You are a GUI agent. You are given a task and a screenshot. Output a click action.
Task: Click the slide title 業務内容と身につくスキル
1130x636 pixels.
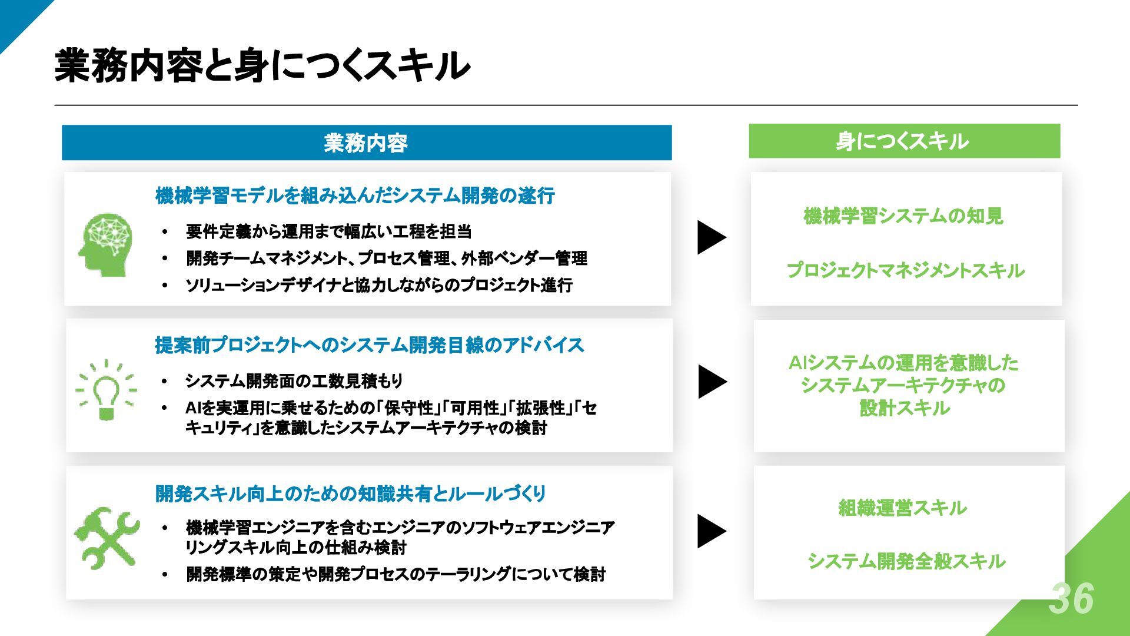click(262, 65)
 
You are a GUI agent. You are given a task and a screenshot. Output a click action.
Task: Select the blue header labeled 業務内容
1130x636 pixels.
click(366, 143)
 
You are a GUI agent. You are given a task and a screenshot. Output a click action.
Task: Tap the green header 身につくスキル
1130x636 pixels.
click(903, 141)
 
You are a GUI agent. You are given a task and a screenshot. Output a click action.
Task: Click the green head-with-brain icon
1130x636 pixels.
click(106, 244)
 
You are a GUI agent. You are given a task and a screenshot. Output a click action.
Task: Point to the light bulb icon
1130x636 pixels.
click(107, 390)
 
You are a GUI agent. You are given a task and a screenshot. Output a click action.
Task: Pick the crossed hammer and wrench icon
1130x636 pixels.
click(107, 537)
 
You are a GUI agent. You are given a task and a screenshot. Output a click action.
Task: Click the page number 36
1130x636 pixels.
click(1071, 598)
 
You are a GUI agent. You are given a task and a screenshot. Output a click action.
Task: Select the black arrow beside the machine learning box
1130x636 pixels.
click(711, 237)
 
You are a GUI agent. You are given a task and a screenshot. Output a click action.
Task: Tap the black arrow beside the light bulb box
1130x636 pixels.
click(712, 382)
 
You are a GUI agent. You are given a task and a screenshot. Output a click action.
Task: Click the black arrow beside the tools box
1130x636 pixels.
click(711, 531)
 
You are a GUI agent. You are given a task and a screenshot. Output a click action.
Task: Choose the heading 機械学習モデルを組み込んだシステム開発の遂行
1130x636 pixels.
click(355, 196)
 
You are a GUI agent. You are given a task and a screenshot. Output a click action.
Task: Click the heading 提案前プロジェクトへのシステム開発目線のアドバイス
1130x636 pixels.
click(369, 345)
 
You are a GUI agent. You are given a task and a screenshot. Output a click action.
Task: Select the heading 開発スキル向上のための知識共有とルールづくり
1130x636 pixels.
click(350, 493)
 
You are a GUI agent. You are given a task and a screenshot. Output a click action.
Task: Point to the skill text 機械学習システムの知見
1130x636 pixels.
click(903, 216)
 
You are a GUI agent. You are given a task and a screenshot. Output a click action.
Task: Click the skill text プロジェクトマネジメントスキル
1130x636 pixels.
click(905, 270)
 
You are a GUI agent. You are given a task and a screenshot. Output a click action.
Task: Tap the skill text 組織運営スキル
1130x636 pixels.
click(902, 508)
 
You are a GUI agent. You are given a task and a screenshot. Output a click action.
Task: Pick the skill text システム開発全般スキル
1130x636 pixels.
click(906, 561)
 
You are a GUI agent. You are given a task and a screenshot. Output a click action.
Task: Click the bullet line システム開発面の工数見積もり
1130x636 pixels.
click(294, 381)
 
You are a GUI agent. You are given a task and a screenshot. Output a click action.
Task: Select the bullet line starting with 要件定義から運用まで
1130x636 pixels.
click(328, 231)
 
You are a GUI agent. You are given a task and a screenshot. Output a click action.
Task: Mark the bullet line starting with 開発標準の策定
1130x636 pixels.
click(395, 574)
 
